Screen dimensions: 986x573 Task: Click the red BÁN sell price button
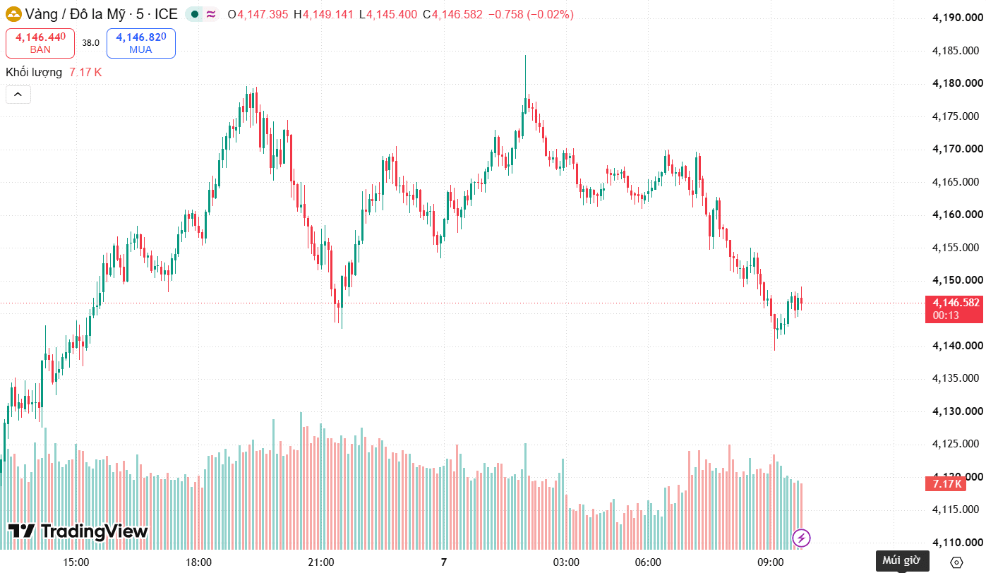40,43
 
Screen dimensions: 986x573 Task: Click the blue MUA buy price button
141,43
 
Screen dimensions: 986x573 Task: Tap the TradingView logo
78,531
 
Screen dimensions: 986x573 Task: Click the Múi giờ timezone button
902,560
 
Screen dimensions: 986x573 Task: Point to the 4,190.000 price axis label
957,18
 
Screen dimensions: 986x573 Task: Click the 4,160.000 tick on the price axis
957,215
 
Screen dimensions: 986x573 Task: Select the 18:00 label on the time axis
198,562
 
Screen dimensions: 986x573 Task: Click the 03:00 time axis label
566,562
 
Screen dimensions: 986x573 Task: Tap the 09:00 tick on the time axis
770,562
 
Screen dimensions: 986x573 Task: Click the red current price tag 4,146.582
954,309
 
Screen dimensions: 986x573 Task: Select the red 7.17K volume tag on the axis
946,484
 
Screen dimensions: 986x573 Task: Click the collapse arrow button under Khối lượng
18,95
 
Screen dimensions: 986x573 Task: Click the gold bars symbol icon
13,15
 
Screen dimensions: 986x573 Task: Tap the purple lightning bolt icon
801,538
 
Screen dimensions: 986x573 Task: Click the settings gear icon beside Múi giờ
956,562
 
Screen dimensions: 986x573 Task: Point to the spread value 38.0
90,42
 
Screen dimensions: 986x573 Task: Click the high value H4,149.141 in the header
323,15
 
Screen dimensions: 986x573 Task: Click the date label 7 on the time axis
444,562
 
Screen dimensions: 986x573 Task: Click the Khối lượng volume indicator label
34,72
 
